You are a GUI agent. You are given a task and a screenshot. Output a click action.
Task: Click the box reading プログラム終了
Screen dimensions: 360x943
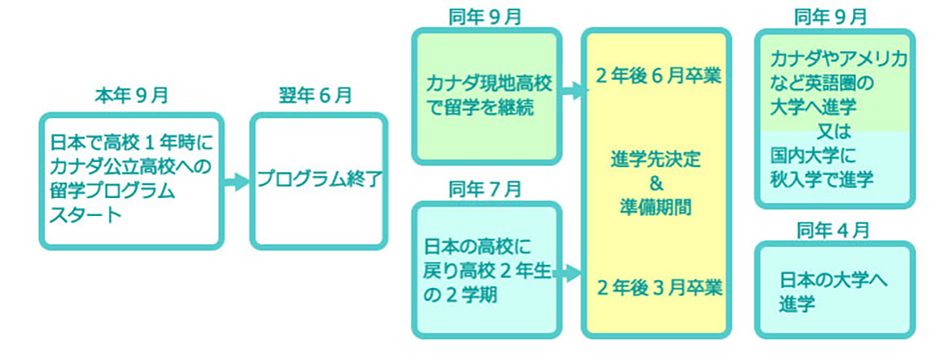[319, 181]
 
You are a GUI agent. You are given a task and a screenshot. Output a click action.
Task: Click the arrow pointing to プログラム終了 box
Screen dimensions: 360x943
[235, 182]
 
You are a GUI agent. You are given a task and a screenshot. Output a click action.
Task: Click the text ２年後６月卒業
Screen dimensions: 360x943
[658, 75]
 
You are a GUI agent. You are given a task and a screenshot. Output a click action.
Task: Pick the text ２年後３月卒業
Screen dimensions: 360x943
[658, 287]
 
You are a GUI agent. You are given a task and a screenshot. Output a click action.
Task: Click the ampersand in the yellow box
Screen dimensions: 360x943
[657, 183]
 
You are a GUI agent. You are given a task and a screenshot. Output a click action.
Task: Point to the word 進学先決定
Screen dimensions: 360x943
[657, 160]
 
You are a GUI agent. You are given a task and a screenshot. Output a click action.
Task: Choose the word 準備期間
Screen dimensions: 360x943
[657, 206]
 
